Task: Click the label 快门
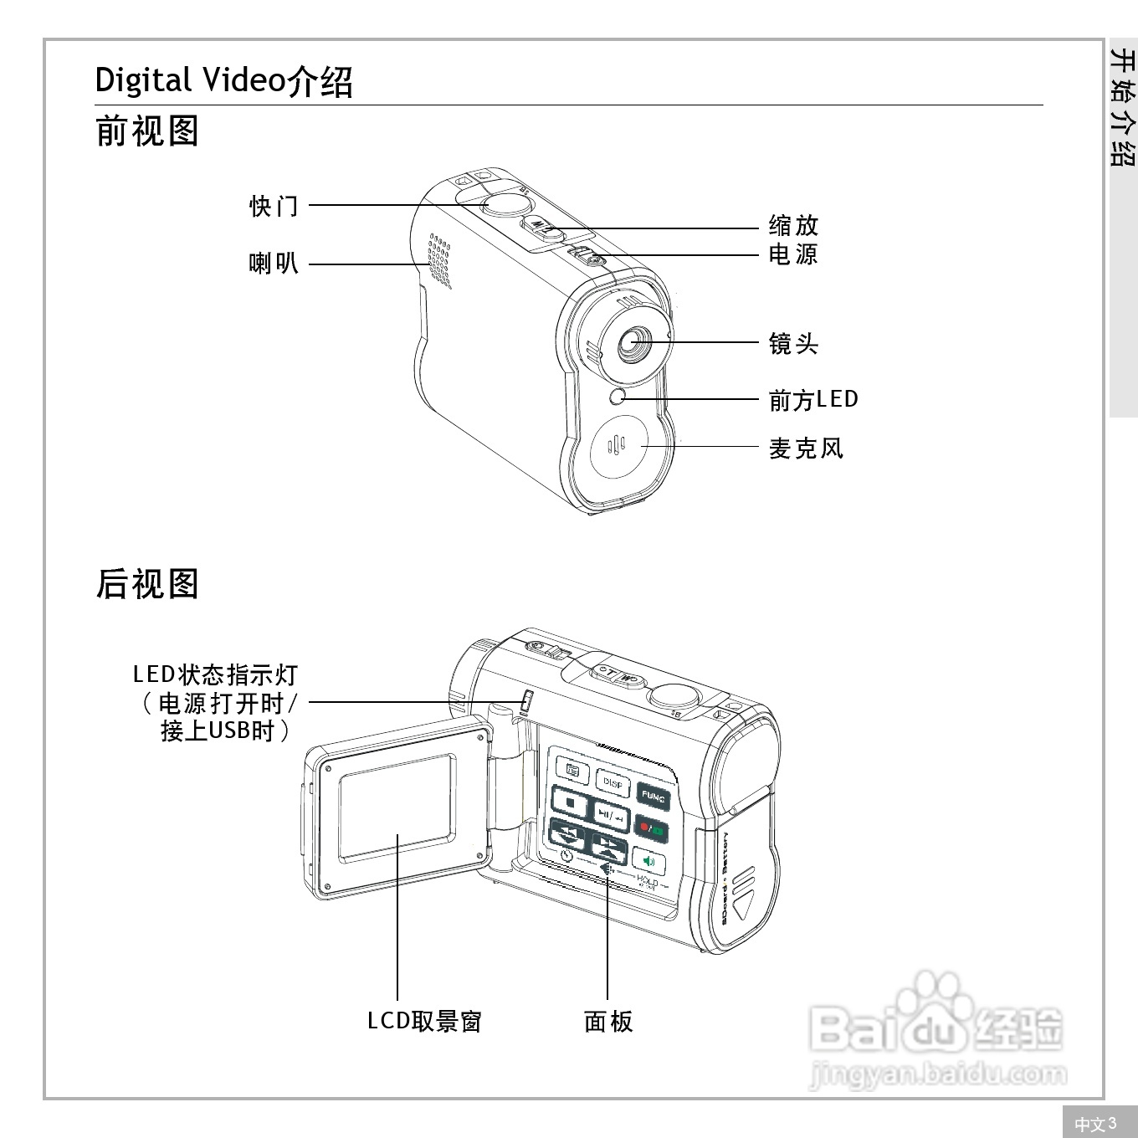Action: [x=274, y=206]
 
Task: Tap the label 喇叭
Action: [x=274, y=264]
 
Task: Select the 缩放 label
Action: [x=793, y=226]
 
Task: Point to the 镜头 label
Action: [x=793, y=344]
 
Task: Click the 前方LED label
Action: [x=813, y=400]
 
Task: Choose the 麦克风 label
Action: [x=806, y=449]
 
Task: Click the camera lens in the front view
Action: [x=633, y=342]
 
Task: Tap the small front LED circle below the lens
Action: [x=618, y=397]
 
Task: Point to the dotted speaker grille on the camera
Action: [x=439, y=259]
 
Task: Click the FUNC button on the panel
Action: [x=653, y=797]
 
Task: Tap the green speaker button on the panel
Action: [x=648, y=861]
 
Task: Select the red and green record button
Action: [x=651, y=829]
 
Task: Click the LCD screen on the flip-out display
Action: [x=397, y=807]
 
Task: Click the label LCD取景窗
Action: [x=425, y=1021]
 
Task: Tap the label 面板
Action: [x=608, y=1021]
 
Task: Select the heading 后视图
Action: [x=147, y=584]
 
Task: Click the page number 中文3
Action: [x=1095, y=1124]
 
